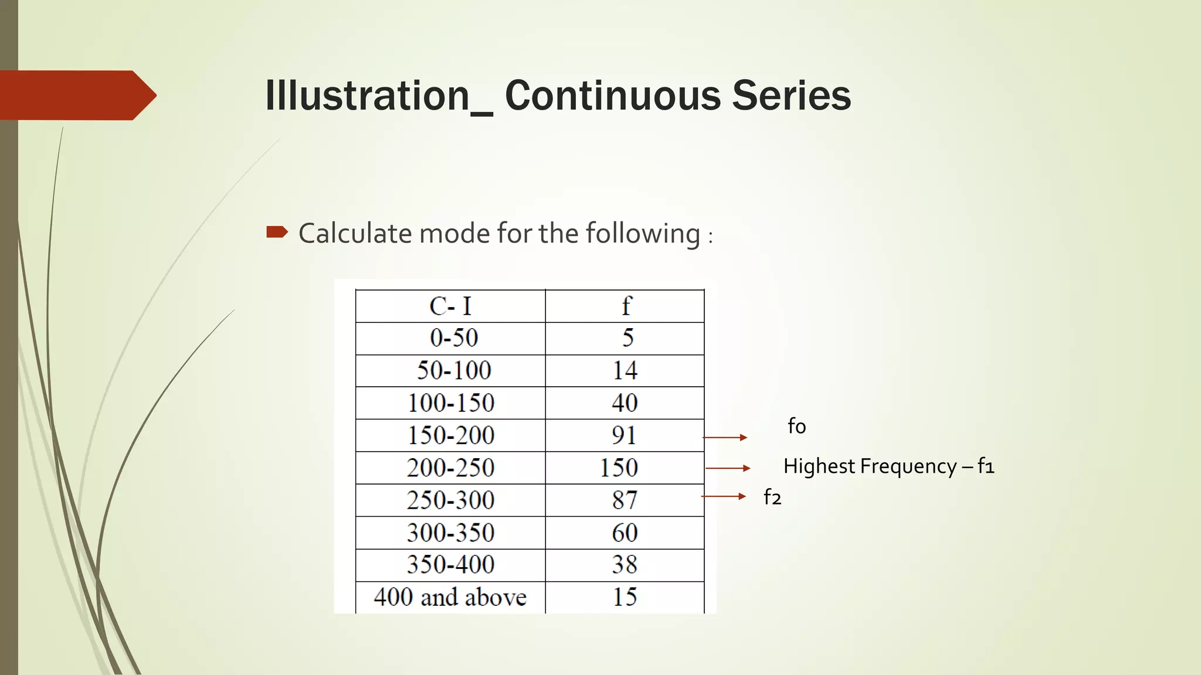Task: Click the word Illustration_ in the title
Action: coord(379,96)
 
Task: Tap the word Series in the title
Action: coord(791,96)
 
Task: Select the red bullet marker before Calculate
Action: coord(277,232)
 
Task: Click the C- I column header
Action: coord(450,306)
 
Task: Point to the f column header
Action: coord(626,306)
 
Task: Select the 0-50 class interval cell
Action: coord(454,338)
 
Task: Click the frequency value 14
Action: coord(625,371)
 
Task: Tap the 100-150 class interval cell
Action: coord(451,403)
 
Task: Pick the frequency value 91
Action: coord(624,435)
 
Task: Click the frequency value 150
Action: coord(619,468)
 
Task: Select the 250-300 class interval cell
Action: coord(450,500)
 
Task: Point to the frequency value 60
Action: coord(625,533)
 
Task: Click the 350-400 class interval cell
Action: coord(450,565)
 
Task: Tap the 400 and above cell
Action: coord(450,597)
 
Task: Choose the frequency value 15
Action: coord(625,597)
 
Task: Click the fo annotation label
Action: coord(796,426)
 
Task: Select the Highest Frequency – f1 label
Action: coord(888,466)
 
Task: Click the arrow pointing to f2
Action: coord(724,496)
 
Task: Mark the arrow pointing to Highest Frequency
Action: coord(728,468)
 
